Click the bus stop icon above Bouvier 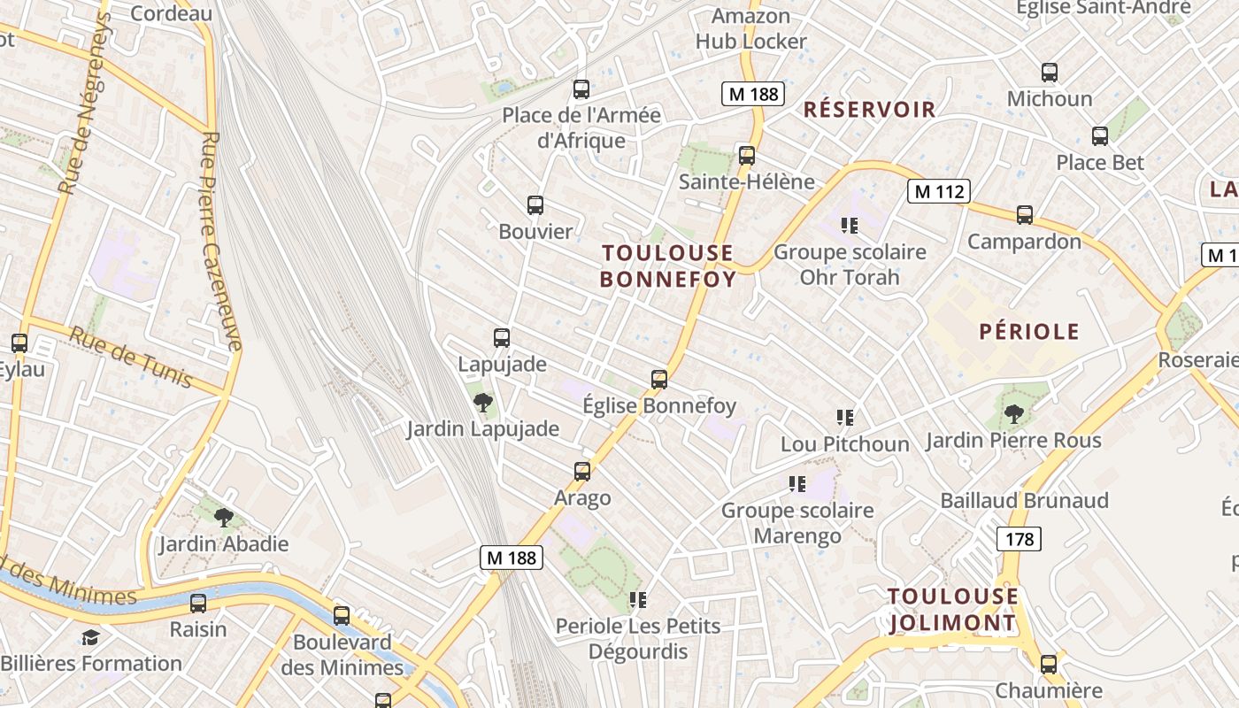coord(535,205)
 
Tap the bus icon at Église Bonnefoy coord(659,380)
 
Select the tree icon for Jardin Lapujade coord(483,404)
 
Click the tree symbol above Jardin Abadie coord(224,517)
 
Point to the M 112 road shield coord(939,191)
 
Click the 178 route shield coord(1019,538)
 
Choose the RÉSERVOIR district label coord(869,110)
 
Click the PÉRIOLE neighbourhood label coord(1029,332)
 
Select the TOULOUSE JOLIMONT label coord(953,610)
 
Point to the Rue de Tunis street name coord(130,358)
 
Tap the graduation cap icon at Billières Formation coord(90,637)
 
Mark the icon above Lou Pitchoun coord(845,417)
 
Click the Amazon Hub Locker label coord(750,28)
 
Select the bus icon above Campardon coord(1025,215)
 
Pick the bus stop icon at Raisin coord(198,604)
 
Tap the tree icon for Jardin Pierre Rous coord(1014,413)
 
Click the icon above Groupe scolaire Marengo coord(797,483)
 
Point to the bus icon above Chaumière coord(1049,664)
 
